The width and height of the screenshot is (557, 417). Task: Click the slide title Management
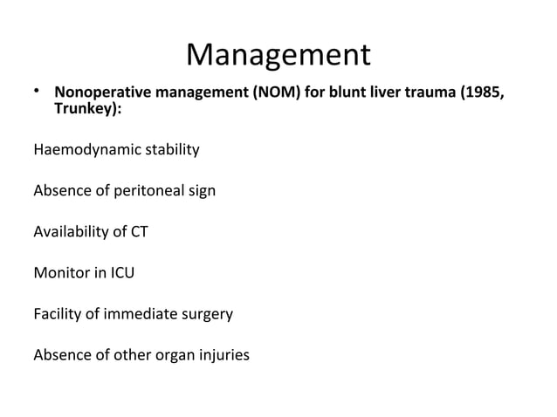[278, 56]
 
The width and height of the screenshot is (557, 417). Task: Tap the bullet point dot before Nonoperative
[38, 91]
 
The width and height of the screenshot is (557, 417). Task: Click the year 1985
[484, 93]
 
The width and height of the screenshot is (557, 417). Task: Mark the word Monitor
[59, 273]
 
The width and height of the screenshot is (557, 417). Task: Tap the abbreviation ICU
[121, 273]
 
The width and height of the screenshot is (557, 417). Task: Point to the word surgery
[208, 315]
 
